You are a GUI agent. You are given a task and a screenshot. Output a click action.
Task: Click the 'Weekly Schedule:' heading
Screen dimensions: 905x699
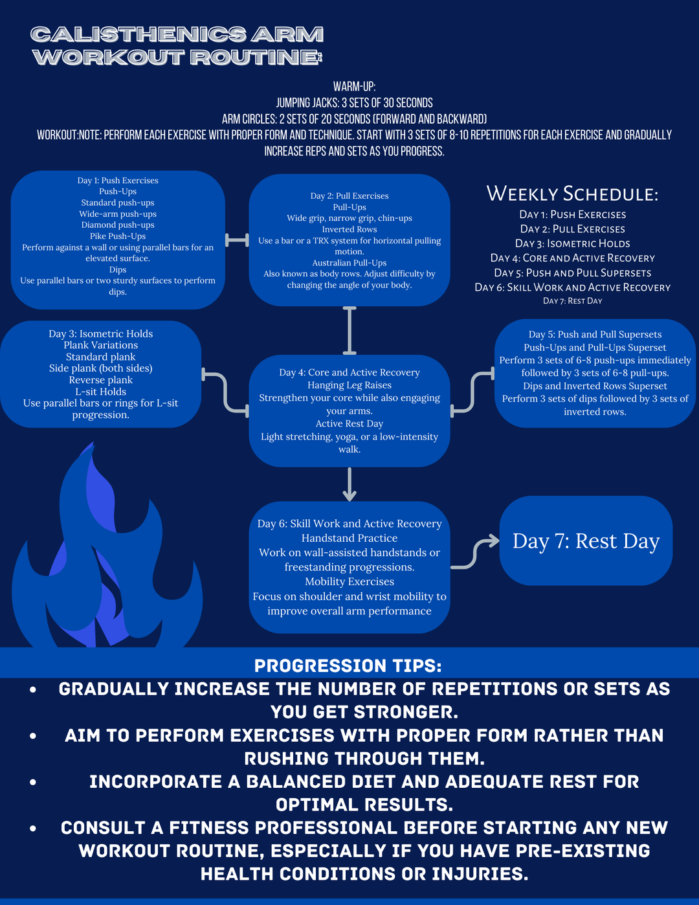[572, 194]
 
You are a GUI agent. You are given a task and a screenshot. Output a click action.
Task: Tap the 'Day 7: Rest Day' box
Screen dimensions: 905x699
[586, 541]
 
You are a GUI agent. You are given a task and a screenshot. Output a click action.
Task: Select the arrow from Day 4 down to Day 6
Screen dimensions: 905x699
[349, 484]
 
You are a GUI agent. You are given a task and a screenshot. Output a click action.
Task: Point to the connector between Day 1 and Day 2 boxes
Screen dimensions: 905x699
[237, 240]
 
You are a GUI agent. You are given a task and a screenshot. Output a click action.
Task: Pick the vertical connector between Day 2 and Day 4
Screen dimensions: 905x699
[349, 330]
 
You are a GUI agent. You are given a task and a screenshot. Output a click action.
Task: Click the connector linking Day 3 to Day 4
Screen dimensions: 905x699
[225, 392]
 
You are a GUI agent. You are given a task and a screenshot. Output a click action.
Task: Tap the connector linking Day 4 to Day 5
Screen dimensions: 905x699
[472, 392]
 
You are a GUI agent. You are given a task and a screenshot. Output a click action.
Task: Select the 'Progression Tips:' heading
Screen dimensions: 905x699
[348, 665]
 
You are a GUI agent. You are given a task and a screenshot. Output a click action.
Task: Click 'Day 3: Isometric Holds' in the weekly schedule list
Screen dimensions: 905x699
[572, 243]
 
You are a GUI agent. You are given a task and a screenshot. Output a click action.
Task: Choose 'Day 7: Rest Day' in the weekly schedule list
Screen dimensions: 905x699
[572, 301]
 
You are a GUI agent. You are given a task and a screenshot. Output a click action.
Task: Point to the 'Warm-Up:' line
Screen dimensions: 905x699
[354, 87]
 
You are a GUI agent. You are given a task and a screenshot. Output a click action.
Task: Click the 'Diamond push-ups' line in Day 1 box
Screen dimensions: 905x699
[118, 225]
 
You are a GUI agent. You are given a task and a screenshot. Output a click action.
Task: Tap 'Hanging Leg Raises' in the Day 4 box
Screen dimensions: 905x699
[349, 385]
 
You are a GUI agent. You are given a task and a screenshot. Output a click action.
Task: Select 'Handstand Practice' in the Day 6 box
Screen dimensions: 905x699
[349, 538]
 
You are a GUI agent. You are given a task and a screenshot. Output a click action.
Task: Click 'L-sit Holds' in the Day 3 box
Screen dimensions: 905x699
[101, 392]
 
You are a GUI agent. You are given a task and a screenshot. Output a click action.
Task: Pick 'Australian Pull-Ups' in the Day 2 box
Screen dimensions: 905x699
[349, 263]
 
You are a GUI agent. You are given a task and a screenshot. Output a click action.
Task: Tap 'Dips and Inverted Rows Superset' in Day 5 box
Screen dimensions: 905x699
[595, 386]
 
